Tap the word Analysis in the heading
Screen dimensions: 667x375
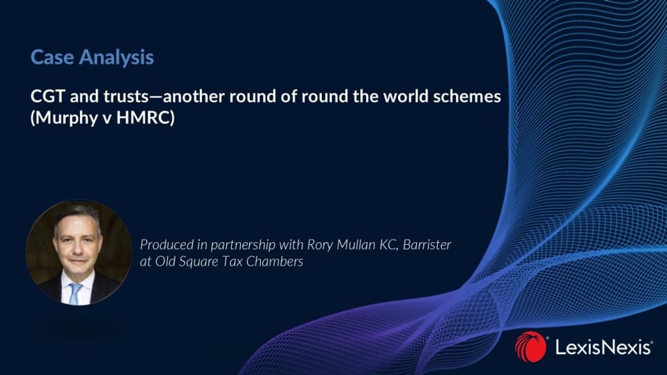(x=116, y=58)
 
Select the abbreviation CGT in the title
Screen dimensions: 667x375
(x=47, y=96)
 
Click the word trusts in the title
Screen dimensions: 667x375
(x=126, y=96)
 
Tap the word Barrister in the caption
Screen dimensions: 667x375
(x=427, y=245)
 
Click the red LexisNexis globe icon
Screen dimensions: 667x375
(x=530, y=347)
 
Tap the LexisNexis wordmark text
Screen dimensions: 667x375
(x=604, y=348)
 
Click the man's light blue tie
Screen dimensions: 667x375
(x=76, y=294)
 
